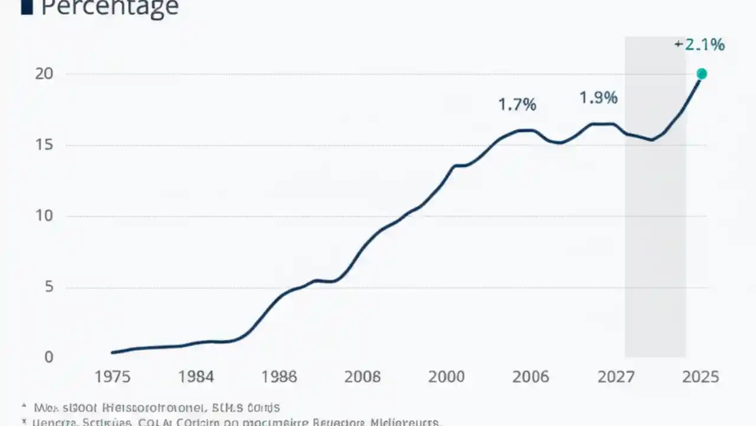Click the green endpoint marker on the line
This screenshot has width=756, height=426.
tap(702, 74)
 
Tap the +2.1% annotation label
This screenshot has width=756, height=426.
tap(700, 44)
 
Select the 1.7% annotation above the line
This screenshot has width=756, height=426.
tap(517, 105)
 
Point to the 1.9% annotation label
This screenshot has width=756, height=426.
tap(598, 98)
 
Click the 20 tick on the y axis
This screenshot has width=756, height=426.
tap(44, 74)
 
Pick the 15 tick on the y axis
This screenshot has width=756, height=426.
tap(44, 145)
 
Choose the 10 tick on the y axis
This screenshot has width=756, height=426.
tap(44, 216)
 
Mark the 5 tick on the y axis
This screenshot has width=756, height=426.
tap(49, 287)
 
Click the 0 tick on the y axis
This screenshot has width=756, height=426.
tap(49, 357)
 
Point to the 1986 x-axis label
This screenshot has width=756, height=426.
tap(279, 377)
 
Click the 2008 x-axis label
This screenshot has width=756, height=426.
tap(362, 377)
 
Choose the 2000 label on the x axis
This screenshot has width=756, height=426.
tap(446, 377)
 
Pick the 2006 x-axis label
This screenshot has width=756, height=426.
tap(530, 377)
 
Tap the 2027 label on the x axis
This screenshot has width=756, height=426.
tap(615, 377)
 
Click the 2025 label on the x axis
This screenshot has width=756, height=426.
tap(700, 377)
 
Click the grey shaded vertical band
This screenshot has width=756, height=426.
tap(655, 237)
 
